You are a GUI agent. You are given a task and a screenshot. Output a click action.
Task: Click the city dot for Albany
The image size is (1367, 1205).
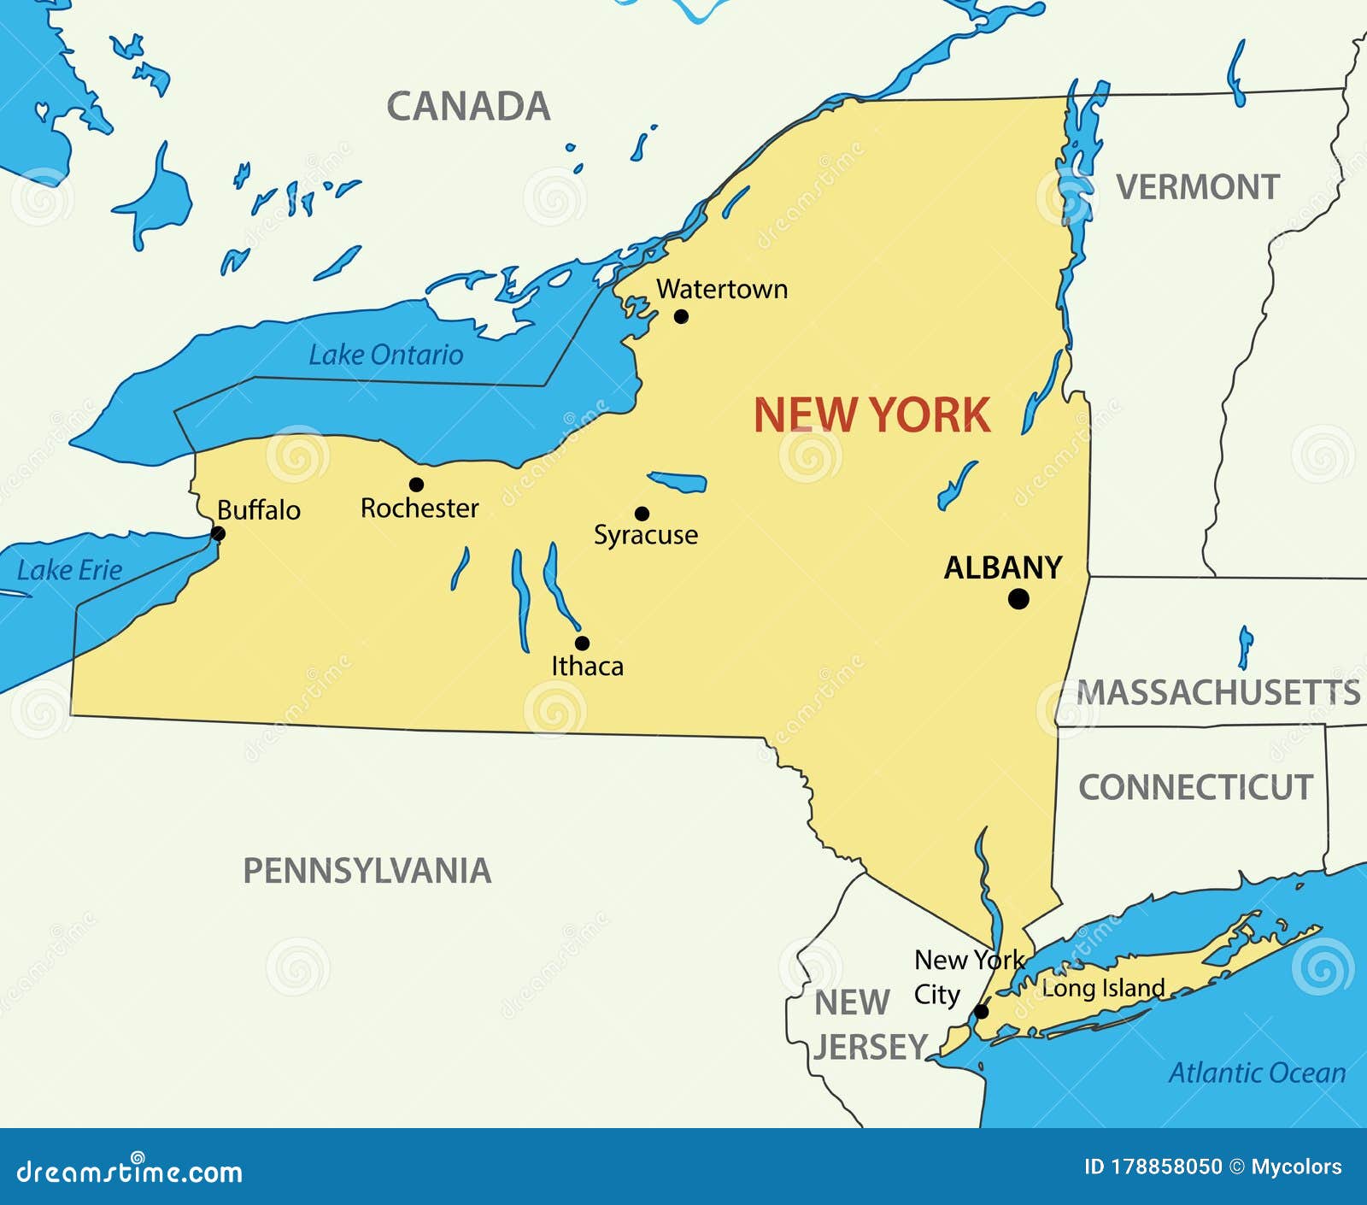coord(1018,599)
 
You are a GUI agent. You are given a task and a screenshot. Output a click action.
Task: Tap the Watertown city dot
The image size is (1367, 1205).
coord(681,316)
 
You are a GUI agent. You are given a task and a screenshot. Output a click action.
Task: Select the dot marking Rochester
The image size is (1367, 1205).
coord(416,485)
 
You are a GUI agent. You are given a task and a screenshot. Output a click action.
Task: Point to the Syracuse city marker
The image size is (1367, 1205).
coord(642,514)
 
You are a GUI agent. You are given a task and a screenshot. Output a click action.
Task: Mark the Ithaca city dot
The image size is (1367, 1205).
coord(582,643)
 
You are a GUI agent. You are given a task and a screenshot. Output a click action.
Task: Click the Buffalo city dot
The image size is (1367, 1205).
coord(218,534)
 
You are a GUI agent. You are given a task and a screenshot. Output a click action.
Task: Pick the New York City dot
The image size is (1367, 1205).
coord(982,1012)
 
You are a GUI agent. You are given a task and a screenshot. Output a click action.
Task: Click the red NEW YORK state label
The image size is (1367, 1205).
coord(871,415)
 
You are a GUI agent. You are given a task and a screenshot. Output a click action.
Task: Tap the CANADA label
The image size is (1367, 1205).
coord(468,107)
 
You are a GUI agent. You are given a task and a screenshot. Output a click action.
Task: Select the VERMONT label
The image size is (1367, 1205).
coord(1198,187)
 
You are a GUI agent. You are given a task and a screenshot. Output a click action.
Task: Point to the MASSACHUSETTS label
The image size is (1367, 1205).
coord(1217,692)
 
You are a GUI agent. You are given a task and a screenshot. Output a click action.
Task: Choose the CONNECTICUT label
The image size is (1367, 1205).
coord(1195,787)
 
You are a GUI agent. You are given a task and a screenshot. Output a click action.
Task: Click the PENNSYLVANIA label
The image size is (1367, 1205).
coord(367,871)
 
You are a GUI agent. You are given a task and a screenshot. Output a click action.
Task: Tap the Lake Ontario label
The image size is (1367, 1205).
coord(385,355)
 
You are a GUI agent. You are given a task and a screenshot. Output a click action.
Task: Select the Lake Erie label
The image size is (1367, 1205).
coord(69,570)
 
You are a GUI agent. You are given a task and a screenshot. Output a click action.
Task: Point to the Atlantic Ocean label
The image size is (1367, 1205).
coord(1257,1073)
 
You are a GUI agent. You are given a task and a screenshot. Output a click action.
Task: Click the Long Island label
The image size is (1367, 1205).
coord(1103,988)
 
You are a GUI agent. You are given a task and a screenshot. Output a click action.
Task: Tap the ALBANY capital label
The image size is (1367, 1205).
coord(1002,567)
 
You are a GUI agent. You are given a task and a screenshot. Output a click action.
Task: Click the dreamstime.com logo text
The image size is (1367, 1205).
coord(129,1172)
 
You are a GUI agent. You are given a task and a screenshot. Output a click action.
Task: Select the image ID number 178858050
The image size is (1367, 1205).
coord(1166,1167)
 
